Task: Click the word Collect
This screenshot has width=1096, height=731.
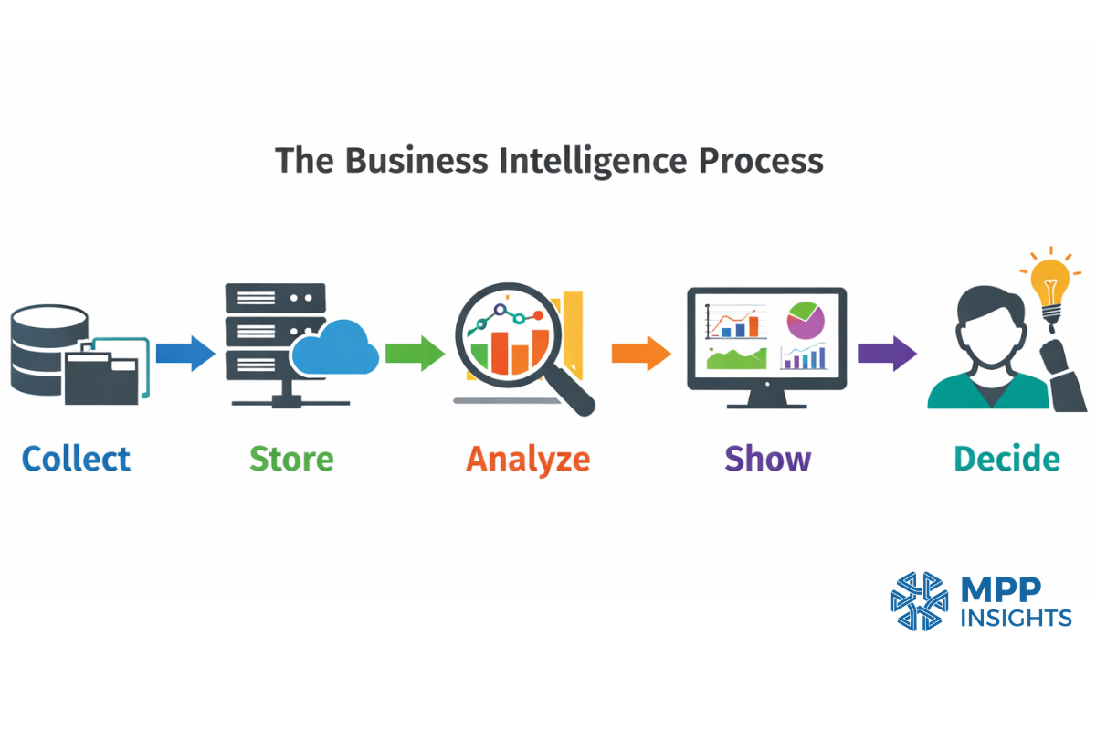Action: tap(77, 459)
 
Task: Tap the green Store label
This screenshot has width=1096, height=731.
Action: tap(291, 459)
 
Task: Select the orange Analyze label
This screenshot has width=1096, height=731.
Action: tap(528, 460)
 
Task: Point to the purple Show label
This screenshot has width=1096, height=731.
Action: tap(767, 459)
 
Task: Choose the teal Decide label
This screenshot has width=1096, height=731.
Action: tap(1007, 459)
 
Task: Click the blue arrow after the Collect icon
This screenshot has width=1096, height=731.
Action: tap(185, 353)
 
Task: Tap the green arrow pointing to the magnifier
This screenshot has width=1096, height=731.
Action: tap(414, 353)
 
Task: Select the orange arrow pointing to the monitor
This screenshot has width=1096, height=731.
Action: tap(641, 353)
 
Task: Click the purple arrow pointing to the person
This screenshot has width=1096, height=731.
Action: tap(887, 353)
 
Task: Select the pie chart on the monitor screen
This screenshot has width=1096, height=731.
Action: tap(805, 321)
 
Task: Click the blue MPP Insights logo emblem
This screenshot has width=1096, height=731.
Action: tap(920, 601)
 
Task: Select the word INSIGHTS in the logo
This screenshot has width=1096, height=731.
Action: tap(1016, 619)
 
